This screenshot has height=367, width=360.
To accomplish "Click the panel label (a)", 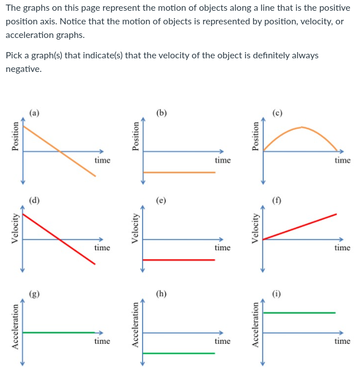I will pos(35,113).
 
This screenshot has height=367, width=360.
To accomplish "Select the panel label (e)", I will pos(162,200).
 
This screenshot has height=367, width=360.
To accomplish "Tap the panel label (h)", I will pos(162,293).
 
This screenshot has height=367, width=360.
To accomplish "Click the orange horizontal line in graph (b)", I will pos(179,172).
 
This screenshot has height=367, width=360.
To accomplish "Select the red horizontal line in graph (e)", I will pos(179,260).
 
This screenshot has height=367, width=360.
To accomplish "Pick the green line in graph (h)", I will pos(179,353).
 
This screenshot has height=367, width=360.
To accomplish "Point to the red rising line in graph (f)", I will pos(300,227).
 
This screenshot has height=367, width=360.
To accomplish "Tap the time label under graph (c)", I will pos(342,160).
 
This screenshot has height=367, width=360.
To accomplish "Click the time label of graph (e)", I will pos(222,247).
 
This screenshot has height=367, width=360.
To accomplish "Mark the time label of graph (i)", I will pos(342,341).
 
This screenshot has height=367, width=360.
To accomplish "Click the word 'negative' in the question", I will pos(23,69).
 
